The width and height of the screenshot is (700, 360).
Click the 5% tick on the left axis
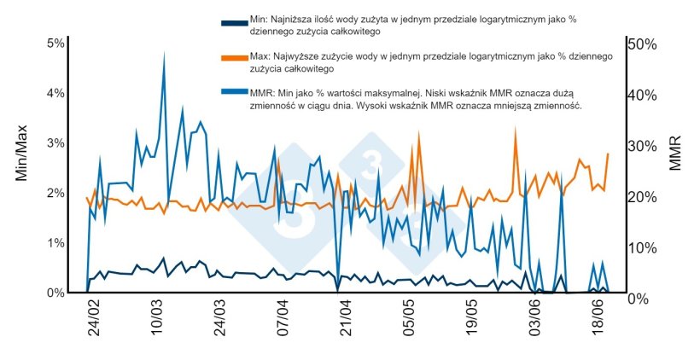(x=55, y=44)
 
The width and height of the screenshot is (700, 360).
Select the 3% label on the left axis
(x=55, y=142)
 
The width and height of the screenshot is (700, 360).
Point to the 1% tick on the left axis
(x=55, y=243)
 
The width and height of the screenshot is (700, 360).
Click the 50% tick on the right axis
(x=642, y=44)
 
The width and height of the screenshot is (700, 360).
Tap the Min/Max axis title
(x=22, y=152)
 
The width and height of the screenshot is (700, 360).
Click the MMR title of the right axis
(x=677, y=152)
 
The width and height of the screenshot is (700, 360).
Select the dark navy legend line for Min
(x=233, y=23)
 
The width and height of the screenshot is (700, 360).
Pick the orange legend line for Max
(x=233, y=57)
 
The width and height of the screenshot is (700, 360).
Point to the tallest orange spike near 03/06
(x=515, y=130)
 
